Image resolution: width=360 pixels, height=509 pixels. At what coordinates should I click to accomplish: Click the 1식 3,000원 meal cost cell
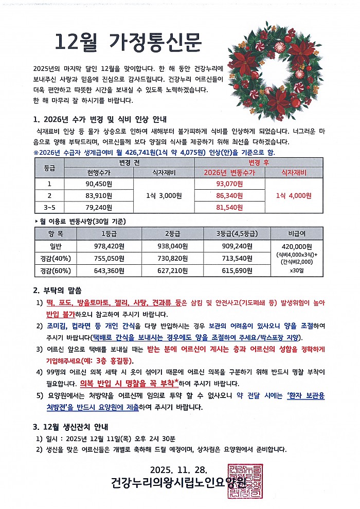[x=163, y=195]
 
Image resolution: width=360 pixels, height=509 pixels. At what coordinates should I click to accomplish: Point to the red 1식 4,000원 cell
[x=294, y=195]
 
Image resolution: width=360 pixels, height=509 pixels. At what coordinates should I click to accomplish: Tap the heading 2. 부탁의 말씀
[x=57, y=290]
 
